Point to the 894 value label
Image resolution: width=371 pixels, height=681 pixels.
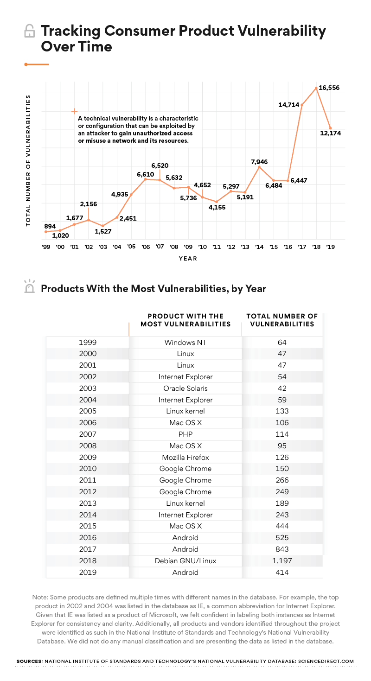(x=50, y=226)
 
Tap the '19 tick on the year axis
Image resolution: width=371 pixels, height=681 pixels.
(x=331, y=247)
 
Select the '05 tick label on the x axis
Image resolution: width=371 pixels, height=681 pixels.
(x=131, y=247)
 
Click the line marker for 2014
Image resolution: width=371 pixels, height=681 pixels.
(x=259, y=167)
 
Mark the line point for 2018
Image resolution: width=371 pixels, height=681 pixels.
(x=316, y=88)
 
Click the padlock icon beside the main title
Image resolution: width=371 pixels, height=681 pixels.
(x=29, y=32)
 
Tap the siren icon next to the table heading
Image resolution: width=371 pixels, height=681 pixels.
(x=29, y=287)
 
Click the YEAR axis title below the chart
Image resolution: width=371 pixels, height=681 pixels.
(x=188, y=258)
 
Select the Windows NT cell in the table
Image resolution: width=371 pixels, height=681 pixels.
(x=185, y=343)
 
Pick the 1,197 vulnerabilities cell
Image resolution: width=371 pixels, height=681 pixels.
(x=281, y=561)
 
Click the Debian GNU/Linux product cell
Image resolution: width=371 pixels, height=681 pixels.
(x=185, y=561)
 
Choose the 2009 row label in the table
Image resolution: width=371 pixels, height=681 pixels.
(x=88, y=457)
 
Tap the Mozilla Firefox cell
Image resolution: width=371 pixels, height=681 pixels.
(x=185, y=457)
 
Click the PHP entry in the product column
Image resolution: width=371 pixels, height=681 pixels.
(x=185, y=434)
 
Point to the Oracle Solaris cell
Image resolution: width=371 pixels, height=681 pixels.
(x=185, y=388)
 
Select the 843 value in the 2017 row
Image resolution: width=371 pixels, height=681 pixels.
(x=281, y=549)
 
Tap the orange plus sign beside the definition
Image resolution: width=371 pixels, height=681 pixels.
(x=74, y=111)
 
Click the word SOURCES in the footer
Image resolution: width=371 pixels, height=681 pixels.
(x=29, y=661)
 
